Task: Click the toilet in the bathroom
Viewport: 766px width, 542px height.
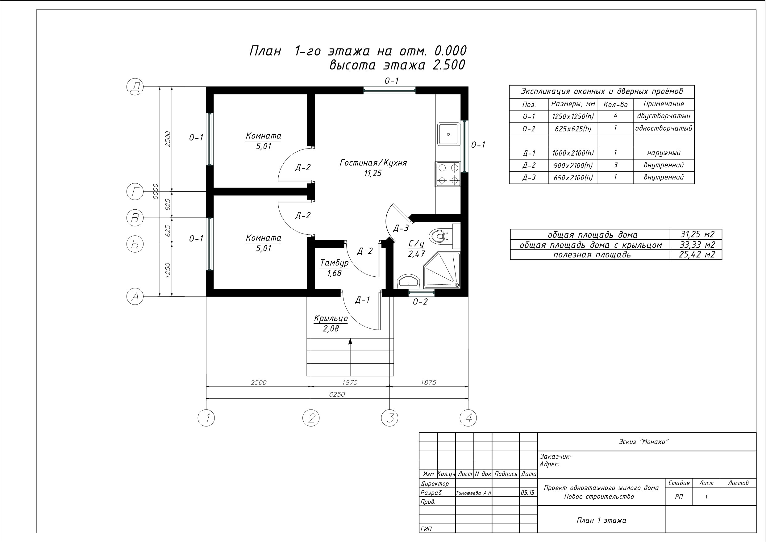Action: point(440,236)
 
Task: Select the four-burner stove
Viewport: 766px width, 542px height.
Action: point(448,174)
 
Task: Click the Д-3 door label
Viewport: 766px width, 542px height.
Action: point(401,229)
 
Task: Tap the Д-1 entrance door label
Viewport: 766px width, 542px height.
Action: point(362,300)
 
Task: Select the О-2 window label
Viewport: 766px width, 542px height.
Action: point(420,302)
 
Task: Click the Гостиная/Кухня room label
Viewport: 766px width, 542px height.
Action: point(373,163)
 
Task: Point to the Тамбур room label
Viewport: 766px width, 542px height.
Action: point(334,263)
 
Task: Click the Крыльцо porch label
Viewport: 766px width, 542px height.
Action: point(331,319)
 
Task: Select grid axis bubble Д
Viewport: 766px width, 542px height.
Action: point(135,87)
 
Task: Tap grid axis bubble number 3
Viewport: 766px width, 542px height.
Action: point(390,418)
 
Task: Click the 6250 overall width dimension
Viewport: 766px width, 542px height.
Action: point(337,394)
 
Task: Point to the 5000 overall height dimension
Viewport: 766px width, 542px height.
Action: point(156,191)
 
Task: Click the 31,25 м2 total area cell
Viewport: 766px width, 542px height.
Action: point(697,234)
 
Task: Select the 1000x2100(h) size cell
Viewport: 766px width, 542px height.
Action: point(573,153)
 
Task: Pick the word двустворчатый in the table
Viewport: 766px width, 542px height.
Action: point(664,116)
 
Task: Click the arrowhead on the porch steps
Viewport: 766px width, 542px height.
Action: point(350,341)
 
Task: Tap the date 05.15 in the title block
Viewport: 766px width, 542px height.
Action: point(527,493)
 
